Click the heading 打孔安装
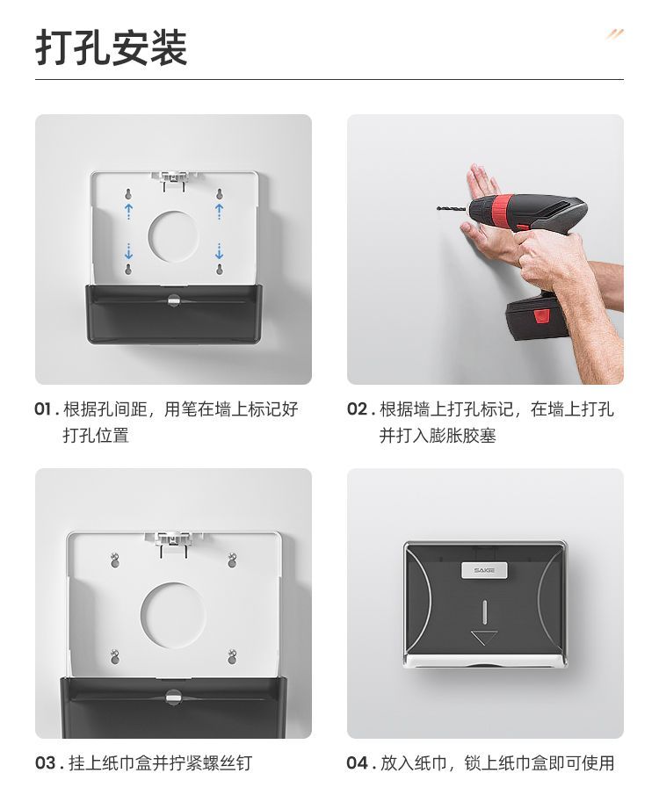[112, 47]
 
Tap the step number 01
[43, 409]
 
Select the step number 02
[358, 409]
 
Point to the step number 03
[45, 763]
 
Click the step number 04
[358, 763]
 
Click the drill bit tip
[438, 208]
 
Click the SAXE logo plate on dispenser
[484, 570]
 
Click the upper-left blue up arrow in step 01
[128, 210]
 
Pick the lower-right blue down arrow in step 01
[220, 251]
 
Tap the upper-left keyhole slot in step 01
[128, 194]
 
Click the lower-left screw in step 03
[115, 655]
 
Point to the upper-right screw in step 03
[232, 560]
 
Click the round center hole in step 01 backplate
[173, 235]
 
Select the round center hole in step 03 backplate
[173, 612]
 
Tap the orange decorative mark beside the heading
[615, 34]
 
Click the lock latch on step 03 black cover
[173, 696]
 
